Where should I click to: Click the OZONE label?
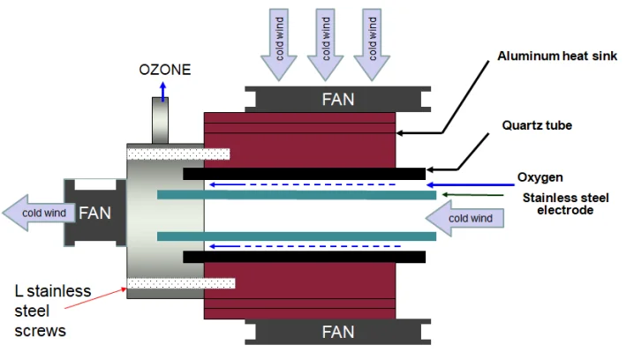[164, 69]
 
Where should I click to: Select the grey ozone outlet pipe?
[161, 120]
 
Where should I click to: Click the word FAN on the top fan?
[337, 99]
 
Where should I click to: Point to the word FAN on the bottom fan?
[337, 333]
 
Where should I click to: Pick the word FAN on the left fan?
[95, 213]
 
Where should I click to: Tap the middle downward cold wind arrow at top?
[324, 49]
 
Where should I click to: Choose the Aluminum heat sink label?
[556, 56]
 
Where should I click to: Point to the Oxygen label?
[540, 176]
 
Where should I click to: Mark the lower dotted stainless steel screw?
[180, 283]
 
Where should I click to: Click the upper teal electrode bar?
[296, 194]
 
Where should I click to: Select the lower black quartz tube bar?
[305, 257]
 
